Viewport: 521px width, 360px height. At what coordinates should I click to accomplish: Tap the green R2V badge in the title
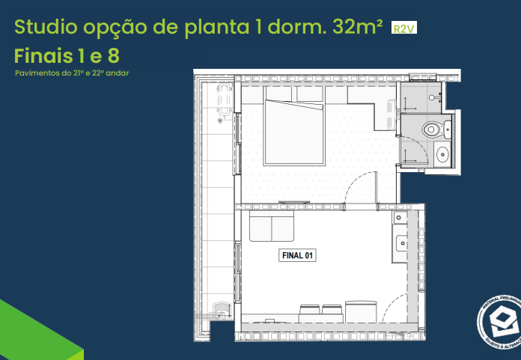tap(403, 28)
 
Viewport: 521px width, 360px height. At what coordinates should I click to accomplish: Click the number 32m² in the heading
tap(354, 28)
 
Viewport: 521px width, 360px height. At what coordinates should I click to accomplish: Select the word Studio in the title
tap(44, 28)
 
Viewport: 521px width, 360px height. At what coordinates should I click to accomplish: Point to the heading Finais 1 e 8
tap(67, 55)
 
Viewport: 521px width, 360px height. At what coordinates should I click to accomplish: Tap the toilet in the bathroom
tap(433, 129)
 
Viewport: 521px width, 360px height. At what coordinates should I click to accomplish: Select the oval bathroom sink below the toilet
tap(442, 155)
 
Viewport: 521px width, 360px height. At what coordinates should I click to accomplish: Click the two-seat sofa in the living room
tap(271, 228)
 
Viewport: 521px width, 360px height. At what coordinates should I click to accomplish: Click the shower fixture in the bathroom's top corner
tap(433, 94)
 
